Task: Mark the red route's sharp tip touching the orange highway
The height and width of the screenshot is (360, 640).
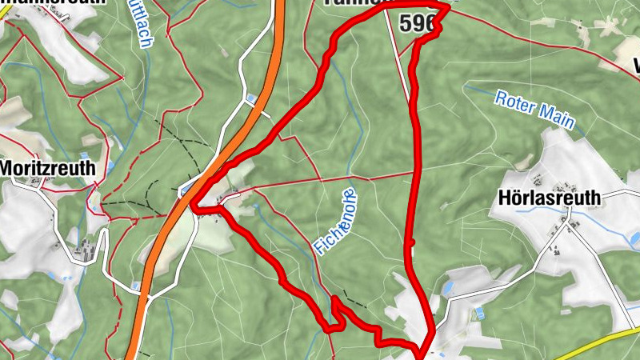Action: [194, 209]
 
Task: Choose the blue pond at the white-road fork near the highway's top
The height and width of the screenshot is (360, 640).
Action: [252, 99]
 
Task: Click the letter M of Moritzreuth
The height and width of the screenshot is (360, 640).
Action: [10, 169]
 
